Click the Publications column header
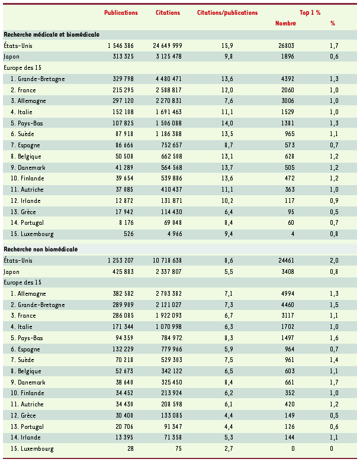[121, 12]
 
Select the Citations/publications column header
[227, 12]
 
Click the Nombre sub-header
[285, 24]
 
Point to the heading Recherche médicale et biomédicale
[52, 35]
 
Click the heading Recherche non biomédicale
[41, 249]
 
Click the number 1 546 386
[121, 46]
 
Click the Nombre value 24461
[284, 260]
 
